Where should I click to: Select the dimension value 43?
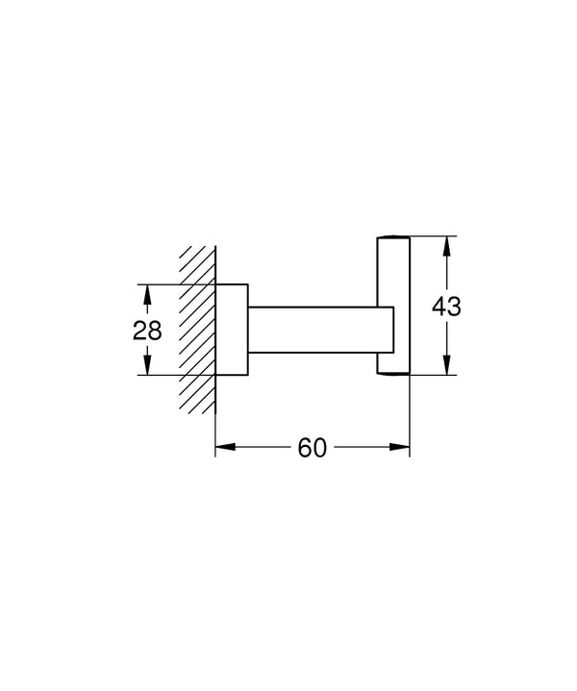tap(446, 307)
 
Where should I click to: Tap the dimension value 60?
tap(313, 448)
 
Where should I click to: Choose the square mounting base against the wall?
tap(232, 330)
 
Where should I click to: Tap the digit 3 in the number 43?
tap(456, 307)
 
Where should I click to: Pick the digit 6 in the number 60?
tap(304, 448)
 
